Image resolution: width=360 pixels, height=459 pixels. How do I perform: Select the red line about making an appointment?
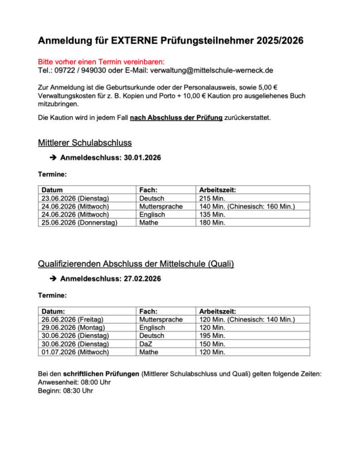tap(101, 62)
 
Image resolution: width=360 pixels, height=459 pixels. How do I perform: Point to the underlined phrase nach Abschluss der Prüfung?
tap(176, 118)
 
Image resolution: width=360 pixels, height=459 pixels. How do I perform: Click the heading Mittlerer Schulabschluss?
tap(85, 143)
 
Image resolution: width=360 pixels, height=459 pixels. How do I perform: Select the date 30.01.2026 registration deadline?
tap(142, 158)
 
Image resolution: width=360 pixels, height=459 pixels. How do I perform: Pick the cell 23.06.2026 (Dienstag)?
tap(75, 198)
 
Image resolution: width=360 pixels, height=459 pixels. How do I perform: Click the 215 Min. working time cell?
tap(212, 198)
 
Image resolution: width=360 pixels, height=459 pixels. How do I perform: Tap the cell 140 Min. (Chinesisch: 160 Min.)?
tap(247, 206)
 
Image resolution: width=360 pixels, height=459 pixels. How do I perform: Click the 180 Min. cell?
tap(212, 223)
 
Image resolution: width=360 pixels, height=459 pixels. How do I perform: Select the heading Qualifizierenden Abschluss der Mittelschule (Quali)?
tap(136, 264)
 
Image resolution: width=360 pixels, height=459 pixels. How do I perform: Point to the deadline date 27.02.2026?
tap(142, 278)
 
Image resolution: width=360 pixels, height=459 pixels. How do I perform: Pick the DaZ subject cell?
tap(146, 344)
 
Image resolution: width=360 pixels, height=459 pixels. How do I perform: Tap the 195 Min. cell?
tap(212, 336)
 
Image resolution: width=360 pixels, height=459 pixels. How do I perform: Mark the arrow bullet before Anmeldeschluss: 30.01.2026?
tap(53, 158)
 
